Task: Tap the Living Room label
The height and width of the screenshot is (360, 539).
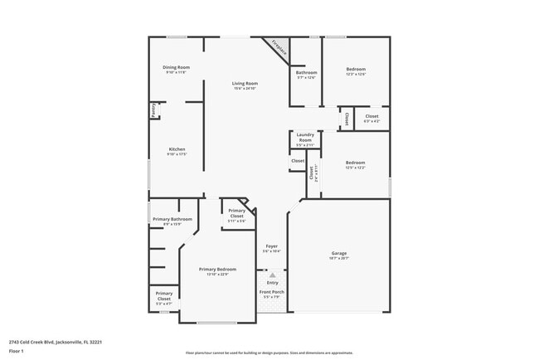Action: point(245,83)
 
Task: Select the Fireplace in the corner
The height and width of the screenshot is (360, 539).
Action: point(280,49)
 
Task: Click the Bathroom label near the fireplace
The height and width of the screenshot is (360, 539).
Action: point(306,72)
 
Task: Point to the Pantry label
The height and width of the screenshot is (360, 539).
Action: point(153,110)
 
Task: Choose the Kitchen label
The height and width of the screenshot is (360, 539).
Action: point(177,149)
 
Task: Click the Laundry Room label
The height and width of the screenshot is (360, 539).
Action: point(305,137)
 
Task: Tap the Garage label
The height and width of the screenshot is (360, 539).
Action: point(339,253)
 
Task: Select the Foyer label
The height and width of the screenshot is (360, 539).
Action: point(271,246)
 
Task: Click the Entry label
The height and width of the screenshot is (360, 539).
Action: point(272,283)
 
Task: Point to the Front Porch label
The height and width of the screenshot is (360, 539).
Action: point(272,292)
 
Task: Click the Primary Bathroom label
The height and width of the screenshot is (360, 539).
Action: point(172,219)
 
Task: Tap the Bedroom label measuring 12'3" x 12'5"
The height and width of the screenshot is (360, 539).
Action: point(355,69)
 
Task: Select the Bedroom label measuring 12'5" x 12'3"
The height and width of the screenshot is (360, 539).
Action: point(355,163)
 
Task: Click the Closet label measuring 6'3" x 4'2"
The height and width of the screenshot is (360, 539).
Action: point(371,116)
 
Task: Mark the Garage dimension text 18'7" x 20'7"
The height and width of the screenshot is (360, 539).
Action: point(339,259)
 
